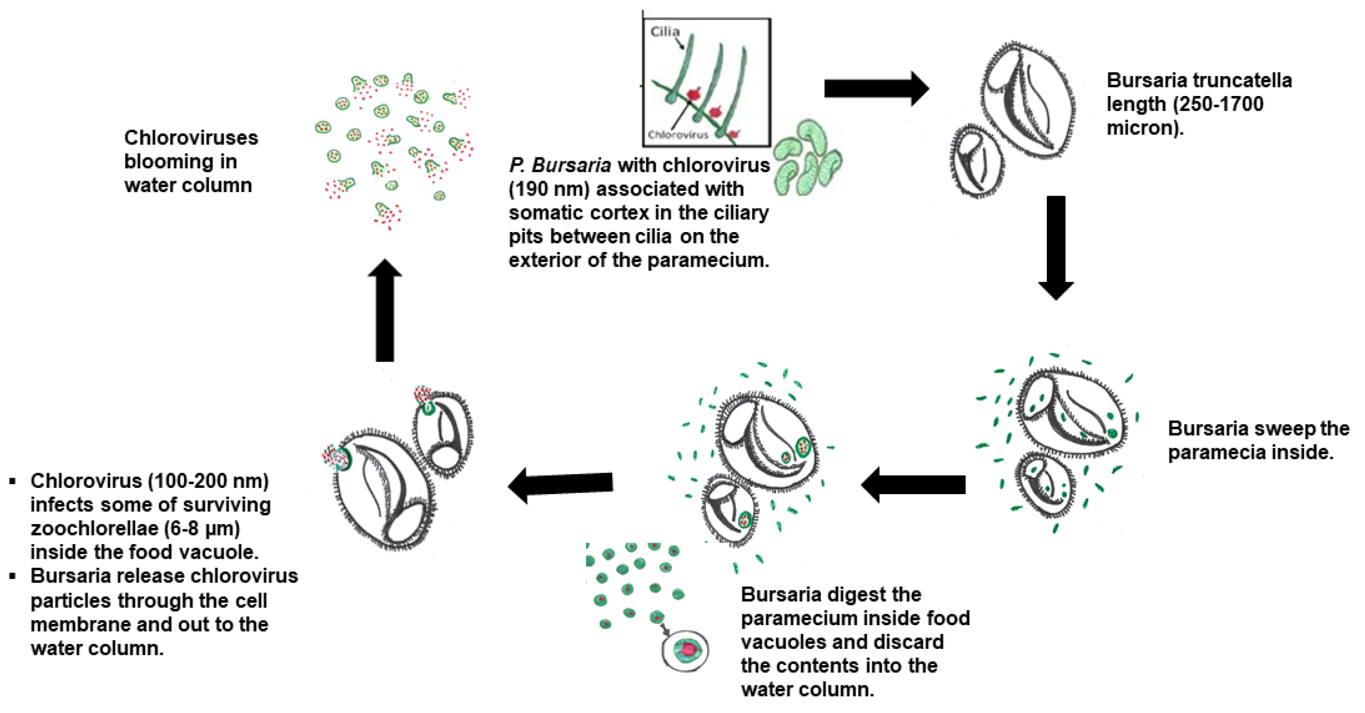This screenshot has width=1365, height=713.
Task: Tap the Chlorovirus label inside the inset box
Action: [678, 135]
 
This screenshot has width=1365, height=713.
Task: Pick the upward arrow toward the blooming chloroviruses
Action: [385, 310]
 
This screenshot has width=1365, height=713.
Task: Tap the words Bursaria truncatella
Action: [1199, 81]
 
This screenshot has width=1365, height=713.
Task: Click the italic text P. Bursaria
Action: [560, 165]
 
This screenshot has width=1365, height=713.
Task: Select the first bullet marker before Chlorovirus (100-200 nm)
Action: [13, 481]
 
